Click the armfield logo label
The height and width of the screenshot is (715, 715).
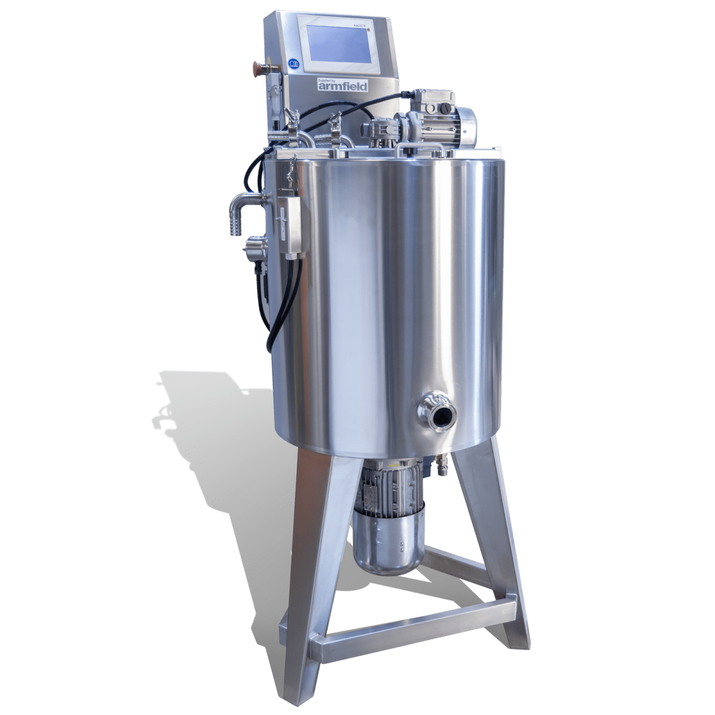coord(343,85)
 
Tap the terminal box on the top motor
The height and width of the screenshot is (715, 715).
coord(426,100)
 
